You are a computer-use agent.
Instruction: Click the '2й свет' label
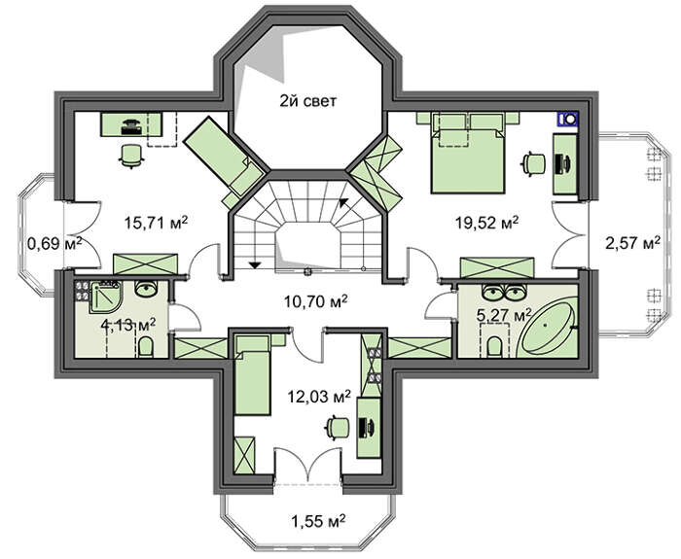(307, 101)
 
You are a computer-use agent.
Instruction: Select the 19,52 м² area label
(486, 223)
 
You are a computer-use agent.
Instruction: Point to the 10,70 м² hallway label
(315, 300)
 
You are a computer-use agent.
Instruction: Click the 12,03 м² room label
(320, 397)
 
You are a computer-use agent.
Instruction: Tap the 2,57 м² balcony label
(633, 243)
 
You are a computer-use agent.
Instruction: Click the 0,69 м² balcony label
(54, 243)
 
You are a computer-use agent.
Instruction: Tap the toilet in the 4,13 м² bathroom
(146, 347)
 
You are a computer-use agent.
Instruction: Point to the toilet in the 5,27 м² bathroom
(494, 347)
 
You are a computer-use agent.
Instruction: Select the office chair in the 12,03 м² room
(337, 428)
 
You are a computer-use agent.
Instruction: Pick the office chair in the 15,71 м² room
(130, 156)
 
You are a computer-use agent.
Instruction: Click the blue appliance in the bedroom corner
(568, 119)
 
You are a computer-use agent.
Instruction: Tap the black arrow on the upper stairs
(343, 202)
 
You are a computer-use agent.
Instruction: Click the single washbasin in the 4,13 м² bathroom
(146, 289)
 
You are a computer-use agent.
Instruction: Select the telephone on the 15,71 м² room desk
(130, 125)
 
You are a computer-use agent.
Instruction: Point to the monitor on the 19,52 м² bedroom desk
(567, 163)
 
